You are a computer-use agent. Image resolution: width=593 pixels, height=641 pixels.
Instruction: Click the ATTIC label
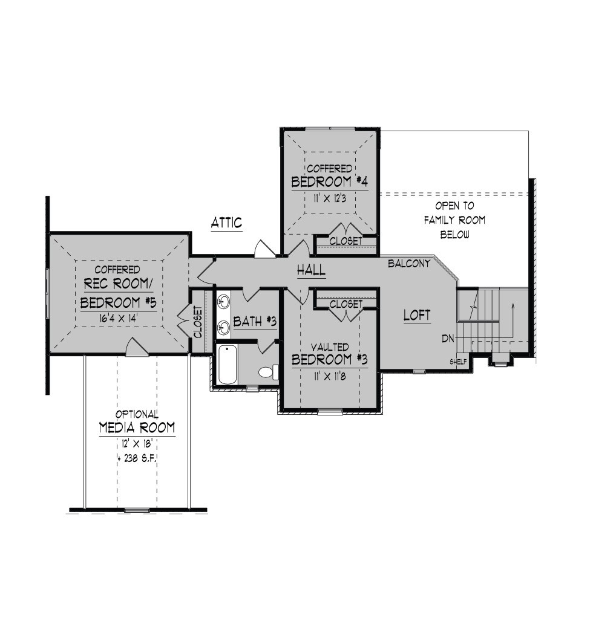tap(226, 223)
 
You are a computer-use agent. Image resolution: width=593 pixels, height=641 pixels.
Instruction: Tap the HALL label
tap(311, 270)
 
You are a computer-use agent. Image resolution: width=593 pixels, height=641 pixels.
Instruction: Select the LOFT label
tap(417, 315)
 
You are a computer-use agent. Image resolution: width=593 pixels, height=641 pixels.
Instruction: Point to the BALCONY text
tap(409, 264)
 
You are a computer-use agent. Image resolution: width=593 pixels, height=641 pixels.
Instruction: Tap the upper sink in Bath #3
tap(224, 302)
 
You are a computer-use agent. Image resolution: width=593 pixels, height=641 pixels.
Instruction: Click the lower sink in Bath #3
tap(224, 327)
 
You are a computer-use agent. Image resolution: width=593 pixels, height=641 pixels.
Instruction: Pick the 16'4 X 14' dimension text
tap(118, 318)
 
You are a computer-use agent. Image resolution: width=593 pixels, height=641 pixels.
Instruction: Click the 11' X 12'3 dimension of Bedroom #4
tap(330, 199)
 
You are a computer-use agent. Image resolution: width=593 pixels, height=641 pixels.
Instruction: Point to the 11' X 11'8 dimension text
tap(330, 376)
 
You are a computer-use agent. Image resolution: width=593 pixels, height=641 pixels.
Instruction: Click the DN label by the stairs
tap(448, 339)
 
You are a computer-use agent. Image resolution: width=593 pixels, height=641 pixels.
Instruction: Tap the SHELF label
tap(458, 362)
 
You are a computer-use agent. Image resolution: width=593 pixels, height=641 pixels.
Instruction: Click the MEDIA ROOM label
tap(137, 428)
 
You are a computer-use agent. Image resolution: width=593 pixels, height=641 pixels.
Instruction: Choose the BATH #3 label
tap(255, 322)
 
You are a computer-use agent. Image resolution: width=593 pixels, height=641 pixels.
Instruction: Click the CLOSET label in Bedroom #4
tap(346, 241)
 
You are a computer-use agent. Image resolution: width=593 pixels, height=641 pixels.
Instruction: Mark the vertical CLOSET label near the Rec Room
tap(198, 322)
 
